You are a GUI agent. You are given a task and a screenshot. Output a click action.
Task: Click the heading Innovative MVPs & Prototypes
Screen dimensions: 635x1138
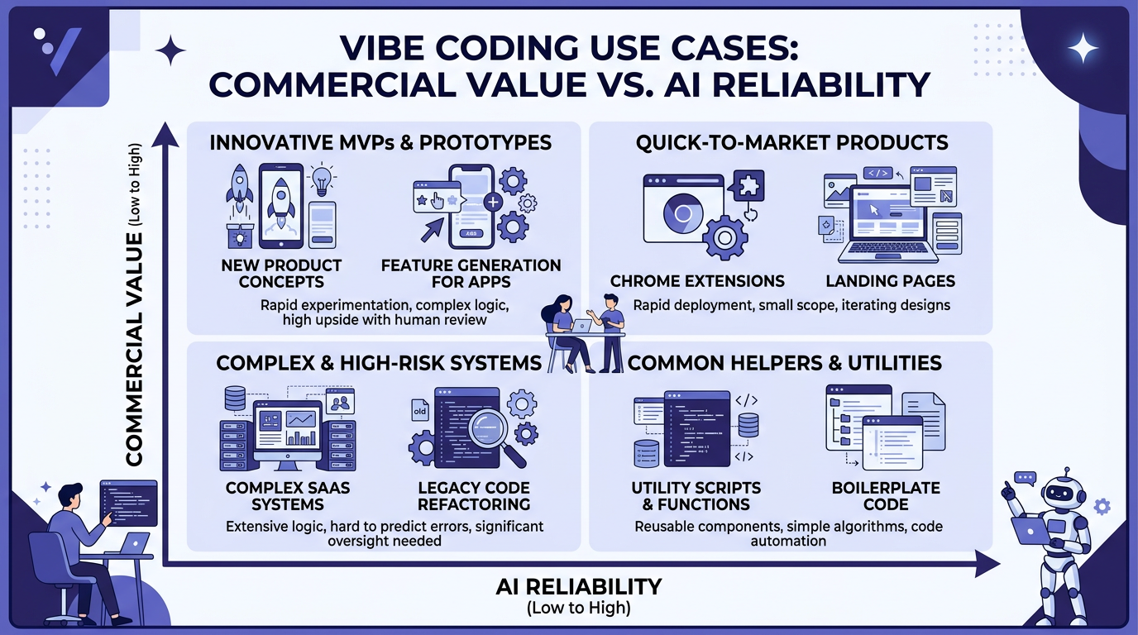[x=380, y=142]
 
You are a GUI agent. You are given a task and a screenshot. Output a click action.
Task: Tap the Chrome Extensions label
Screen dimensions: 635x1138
[x=697, y=281]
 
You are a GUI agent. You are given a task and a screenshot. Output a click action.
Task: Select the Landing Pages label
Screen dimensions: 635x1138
[x=891, y=281]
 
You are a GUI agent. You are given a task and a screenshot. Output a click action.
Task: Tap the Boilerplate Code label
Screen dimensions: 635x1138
[x=886, y=495]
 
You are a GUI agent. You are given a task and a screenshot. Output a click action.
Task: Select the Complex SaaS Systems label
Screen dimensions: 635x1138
[x=288, y=495]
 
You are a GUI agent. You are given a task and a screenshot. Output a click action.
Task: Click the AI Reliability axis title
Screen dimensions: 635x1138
[x=578, y=587]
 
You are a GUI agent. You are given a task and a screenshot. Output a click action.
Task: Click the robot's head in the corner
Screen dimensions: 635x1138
[x=1059, y=493]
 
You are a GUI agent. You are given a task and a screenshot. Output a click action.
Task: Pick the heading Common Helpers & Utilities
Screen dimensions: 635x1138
[x=785, y=362]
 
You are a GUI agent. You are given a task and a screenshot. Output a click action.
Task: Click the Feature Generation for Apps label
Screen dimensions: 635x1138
[x=471, y=274]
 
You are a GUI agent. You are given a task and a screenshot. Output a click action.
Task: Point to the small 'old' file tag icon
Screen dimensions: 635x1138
[x=421, y=411]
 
